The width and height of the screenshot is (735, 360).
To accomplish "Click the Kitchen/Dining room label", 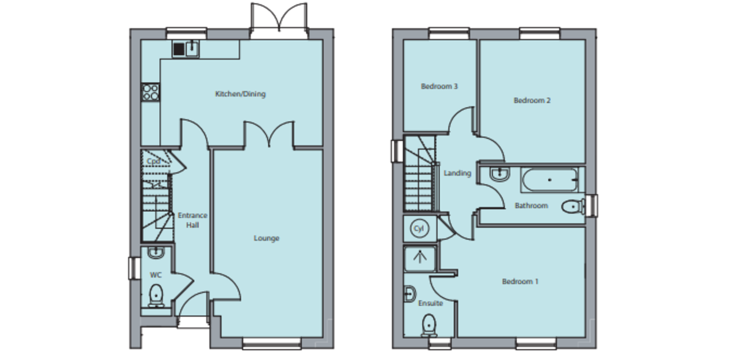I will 240,94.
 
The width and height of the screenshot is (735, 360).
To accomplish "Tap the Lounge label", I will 266,238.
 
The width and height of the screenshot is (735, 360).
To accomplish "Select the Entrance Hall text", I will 192,220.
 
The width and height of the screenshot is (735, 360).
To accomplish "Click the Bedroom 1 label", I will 520,282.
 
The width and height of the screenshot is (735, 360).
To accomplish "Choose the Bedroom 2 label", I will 532,100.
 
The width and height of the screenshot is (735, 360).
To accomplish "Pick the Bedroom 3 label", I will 439,86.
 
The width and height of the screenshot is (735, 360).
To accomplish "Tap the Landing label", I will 458,173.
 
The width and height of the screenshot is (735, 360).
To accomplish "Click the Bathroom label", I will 530,206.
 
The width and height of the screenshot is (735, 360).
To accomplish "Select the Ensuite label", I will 431,303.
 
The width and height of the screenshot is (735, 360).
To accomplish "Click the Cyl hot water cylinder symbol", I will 420,228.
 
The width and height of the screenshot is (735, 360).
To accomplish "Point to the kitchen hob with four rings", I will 150,92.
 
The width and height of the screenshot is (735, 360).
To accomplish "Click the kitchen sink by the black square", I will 192,49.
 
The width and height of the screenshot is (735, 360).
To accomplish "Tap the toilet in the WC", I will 156,294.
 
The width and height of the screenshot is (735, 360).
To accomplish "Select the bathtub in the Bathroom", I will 549,179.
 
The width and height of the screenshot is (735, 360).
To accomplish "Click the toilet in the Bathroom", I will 572,207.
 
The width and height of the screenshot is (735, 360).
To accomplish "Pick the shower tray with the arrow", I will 420,257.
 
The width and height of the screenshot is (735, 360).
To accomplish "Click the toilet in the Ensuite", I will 429,324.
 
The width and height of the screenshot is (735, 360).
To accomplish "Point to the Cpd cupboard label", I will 153,161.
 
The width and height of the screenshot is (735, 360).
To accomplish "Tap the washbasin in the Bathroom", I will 499,174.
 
